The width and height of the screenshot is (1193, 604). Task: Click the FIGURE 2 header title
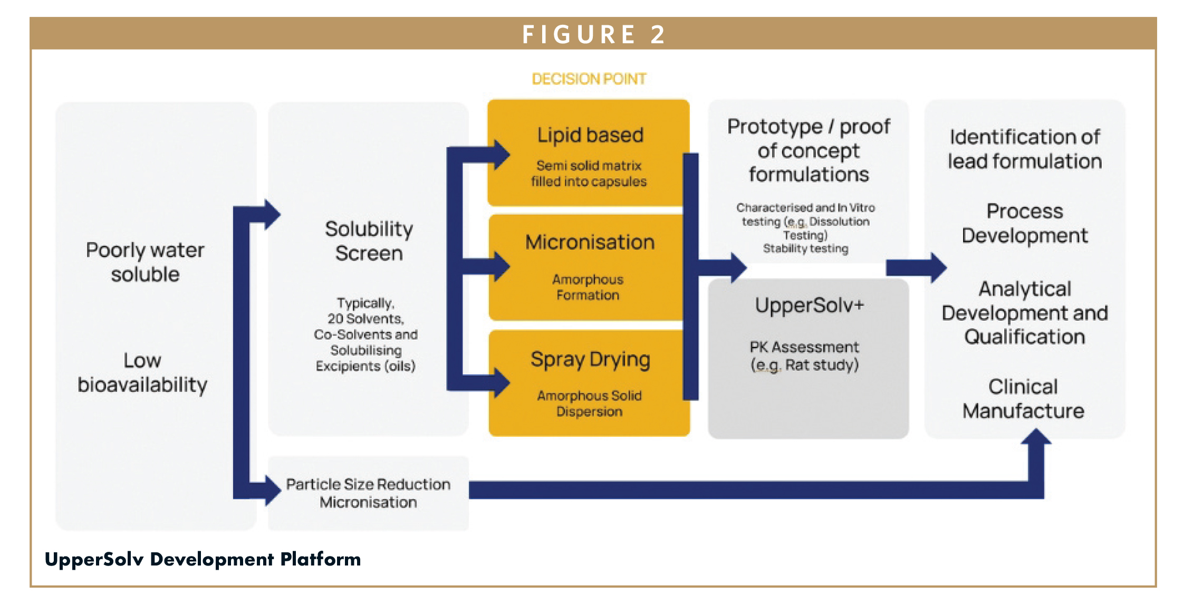(x=594, y=35)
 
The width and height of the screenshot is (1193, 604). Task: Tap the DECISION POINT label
(x=589, y=79)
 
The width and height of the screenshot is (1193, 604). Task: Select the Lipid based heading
(x=590, y=135)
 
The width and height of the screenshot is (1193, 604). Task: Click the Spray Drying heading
(x=590, y=360)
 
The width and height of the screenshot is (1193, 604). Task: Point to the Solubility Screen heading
(x=369, y=241)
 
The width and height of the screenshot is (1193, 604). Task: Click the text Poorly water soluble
(x=145, y=262)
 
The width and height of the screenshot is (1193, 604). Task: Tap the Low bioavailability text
(x=142, y=372)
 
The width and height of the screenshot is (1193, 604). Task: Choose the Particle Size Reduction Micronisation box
(x=368, y=493)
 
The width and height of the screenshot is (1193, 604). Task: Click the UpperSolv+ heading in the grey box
(x=809, y=305)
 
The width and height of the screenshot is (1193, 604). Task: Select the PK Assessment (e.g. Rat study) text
(x=805, y=356)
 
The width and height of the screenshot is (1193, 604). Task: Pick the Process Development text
(x=1024, y=223)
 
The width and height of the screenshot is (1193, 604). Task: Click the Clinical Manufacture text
(x=1023, y=399)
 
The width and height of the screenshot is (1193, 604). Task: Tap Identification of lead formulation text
(x=1025, y=149)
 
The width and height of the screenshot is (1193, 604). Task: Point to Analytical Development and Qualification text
(x=1025, y=313)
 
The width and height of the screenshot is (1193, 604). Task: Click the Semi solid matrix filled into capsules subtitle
(x=589, y=174)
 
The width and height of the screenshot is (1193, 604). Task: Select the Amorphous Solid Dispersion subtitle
(x=589, y=404)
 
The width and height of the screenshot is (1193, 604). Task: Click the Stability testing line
(x=805, y=248)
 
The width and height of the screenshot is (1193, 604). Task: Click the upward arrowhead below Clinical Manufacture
(x=1036, y=437)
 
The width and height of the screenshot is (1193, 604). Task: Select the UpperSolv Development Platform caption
(x=203, y=559)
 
